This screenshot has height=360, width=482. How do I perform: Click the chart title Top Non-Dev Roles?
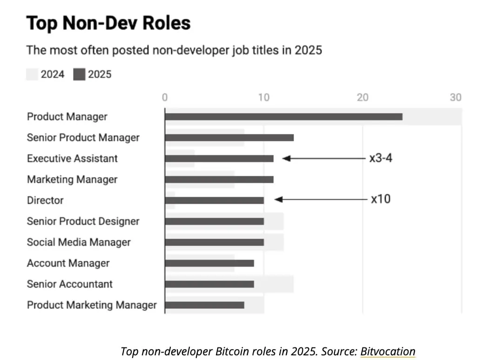[x=108, y=23]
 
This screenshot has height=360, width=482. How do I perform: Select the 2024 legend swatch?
[x=32, y=74]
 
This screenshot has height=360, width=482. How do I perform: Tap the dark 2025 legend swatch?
[x=79, y=74]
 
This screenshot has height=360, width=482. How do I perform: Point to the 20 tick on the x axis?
[x=362, y=97]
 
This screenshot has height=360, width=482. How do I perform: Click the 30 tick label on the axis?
[x=455, y=97]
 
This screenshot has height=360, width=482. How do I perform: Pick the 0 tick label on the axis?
[x=165, y=97]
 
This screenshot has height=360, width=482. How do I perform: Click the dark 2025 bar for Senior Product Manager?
[x=229, y=138]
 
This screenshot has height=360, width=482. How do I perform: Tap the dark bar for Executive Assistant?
[x=219, y=159]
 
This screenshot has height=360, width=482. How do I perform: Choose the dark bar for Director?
[x=214, y=200]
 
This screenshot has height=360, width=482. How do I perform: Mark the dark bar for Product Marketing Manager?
[x=204, y=305]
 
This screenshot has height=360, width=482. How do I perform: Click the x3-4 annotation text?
[x=381, y=158]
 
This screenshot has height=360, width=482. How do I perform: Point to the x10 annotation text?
[x=381, y=200]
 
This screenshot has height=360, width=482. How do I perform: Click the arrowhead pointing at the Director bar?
[x=278, y=200]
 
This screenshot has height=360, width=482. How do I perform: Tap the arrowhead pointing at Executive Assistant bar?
[x=286, y=159]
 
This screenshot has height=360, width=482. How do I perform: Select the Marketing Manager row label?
[x=72, y=180]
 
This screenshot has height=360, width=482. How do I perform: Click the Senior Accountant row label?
[x=70, y=284]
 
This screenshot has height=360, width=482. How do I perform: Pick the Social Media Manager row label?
[x=79, y=242]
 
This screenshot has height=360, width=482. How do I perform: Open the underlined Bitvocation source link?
[x=388, y=351]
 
